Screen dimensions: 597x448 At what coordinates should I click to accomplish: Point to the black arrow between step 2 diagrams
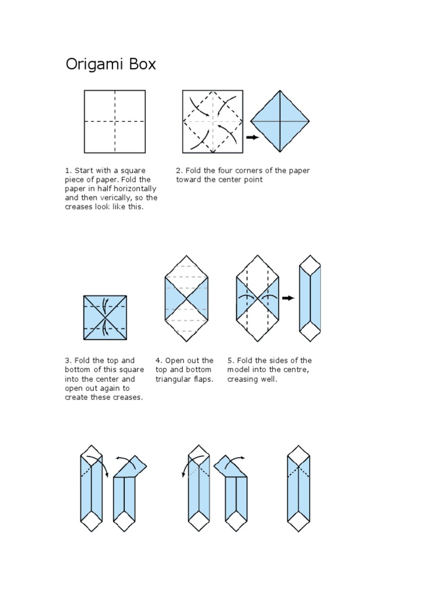252,138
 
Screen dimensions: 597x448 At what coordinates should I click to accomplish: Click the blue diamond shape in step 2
280,121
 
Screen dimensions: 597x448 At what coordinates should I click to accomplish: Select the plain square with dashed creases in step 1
114,121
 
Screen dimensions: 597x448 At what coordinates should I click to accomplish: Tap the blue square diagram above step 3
105,318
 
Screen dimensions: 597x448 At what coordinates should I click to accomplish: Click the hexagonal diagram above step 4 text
186,298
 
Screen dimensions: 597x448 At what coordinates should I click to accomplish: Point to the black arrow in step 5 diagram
288,298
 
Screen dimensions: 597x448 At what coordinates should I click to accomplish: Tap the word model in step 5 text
238,370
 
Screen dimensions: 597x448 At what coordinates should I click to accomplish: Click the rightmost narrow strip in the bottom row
299,489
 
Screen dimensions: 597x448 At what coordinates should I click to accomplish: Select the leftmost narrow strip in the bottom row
91,489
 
